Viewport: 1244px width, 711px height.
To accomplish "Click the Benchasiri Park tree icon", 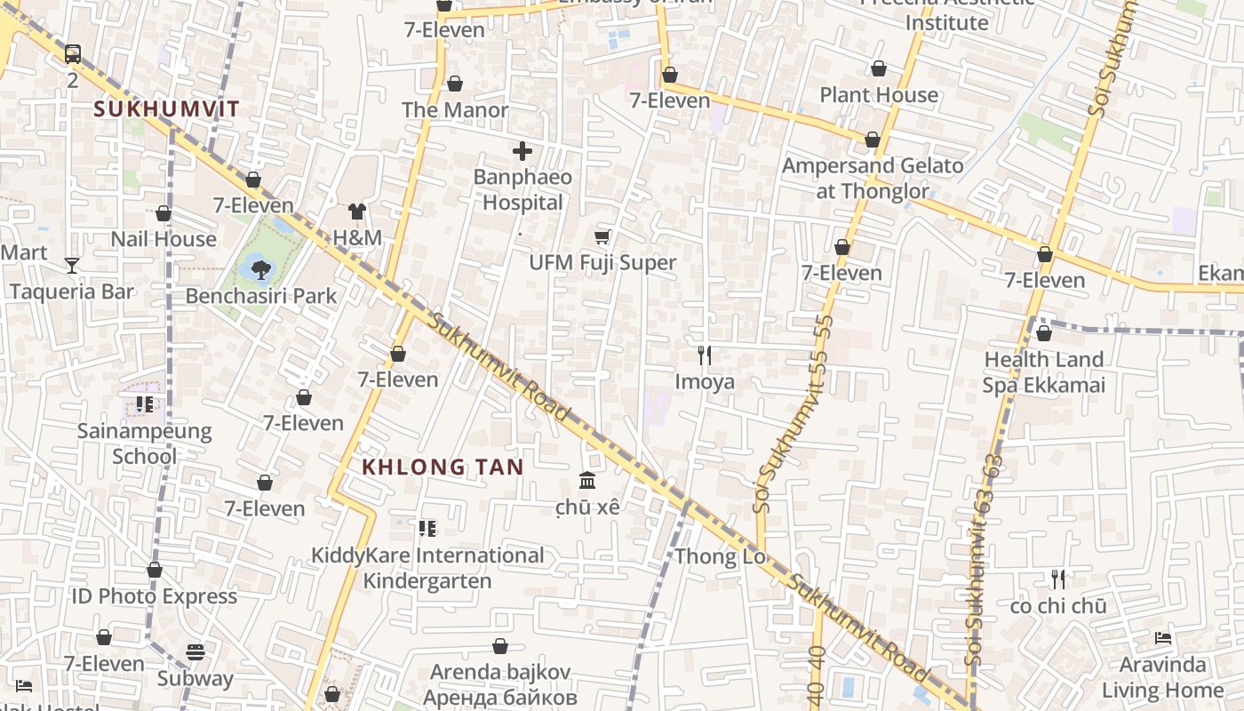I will (x=260, y=268).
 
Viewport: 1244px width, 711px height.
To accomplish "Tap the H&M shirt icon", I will (x=357, y=212).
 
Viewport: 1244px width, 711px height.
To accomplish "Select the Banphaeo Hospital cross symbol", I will (x=522, y=151).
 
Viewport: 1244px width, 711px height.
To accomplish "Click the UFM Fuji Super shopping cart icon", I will (x=602, y=236).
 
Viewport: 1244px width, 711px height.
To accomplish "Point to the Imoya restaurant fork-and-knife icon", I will (x=705, y=355).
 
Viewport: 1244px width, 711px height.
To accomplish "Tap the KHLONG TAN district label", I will (x=443, y=467).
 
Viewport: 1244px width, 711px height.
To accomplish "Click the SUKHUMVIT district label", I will (x=166, y=109).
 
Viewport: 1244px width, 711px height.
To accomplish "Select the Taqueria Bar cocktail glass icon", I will (x=72, y=265).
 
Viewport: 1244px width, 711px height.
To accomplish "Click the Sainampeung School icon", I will (x=145, y=405).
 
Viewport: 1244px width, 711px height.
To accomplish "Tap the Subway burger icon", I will (x=195, y=652).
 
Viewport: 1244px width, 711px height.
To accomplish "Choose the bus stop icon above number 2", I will (x=73, y=54).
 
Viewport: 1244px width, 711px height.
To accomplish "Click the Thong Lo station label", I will (x=720, y=557).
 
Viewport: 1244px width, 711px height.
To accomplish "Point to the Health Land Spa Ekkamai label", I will (x=1043, y=372).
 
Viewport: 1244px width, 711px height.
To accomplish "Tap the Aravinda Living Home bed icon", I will (x=1162, y=638).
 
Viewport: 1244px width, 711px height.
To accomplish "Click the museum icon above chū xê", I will (x=587, y=481).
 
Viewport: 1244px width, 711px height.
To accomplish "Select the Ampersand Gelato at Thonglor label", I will (x=872, y=178).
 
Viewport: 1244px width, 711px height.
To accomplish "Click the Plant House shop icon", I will (x=879, y=68).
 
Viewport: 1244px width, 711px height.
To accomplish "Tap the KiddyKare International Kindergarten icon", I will (x=427, y=529).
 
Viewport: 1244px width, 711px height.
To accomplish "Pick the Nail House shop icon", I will (x=163, y=213).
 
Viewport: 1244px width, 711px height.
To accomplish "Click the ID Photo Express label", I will (x=155, y=596).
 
